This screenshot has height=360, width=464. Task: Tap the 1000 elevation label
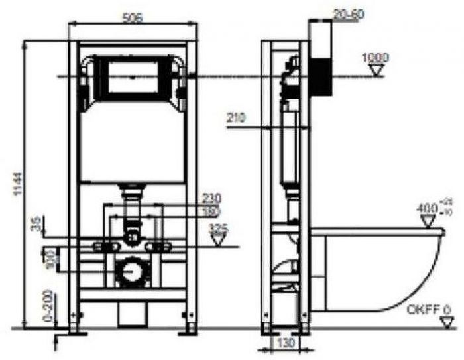click(x=376, y=58)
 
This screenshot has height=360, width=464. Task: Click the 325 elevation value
click(x=217, y=228)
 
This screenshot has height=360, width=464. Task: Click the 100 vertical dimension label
click(x=46, y=258)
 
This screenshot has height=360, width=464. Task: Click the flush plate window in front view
click(x=133, y=76)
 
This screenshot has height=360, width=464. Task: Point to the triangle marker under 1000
click(x=376, y=72)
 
